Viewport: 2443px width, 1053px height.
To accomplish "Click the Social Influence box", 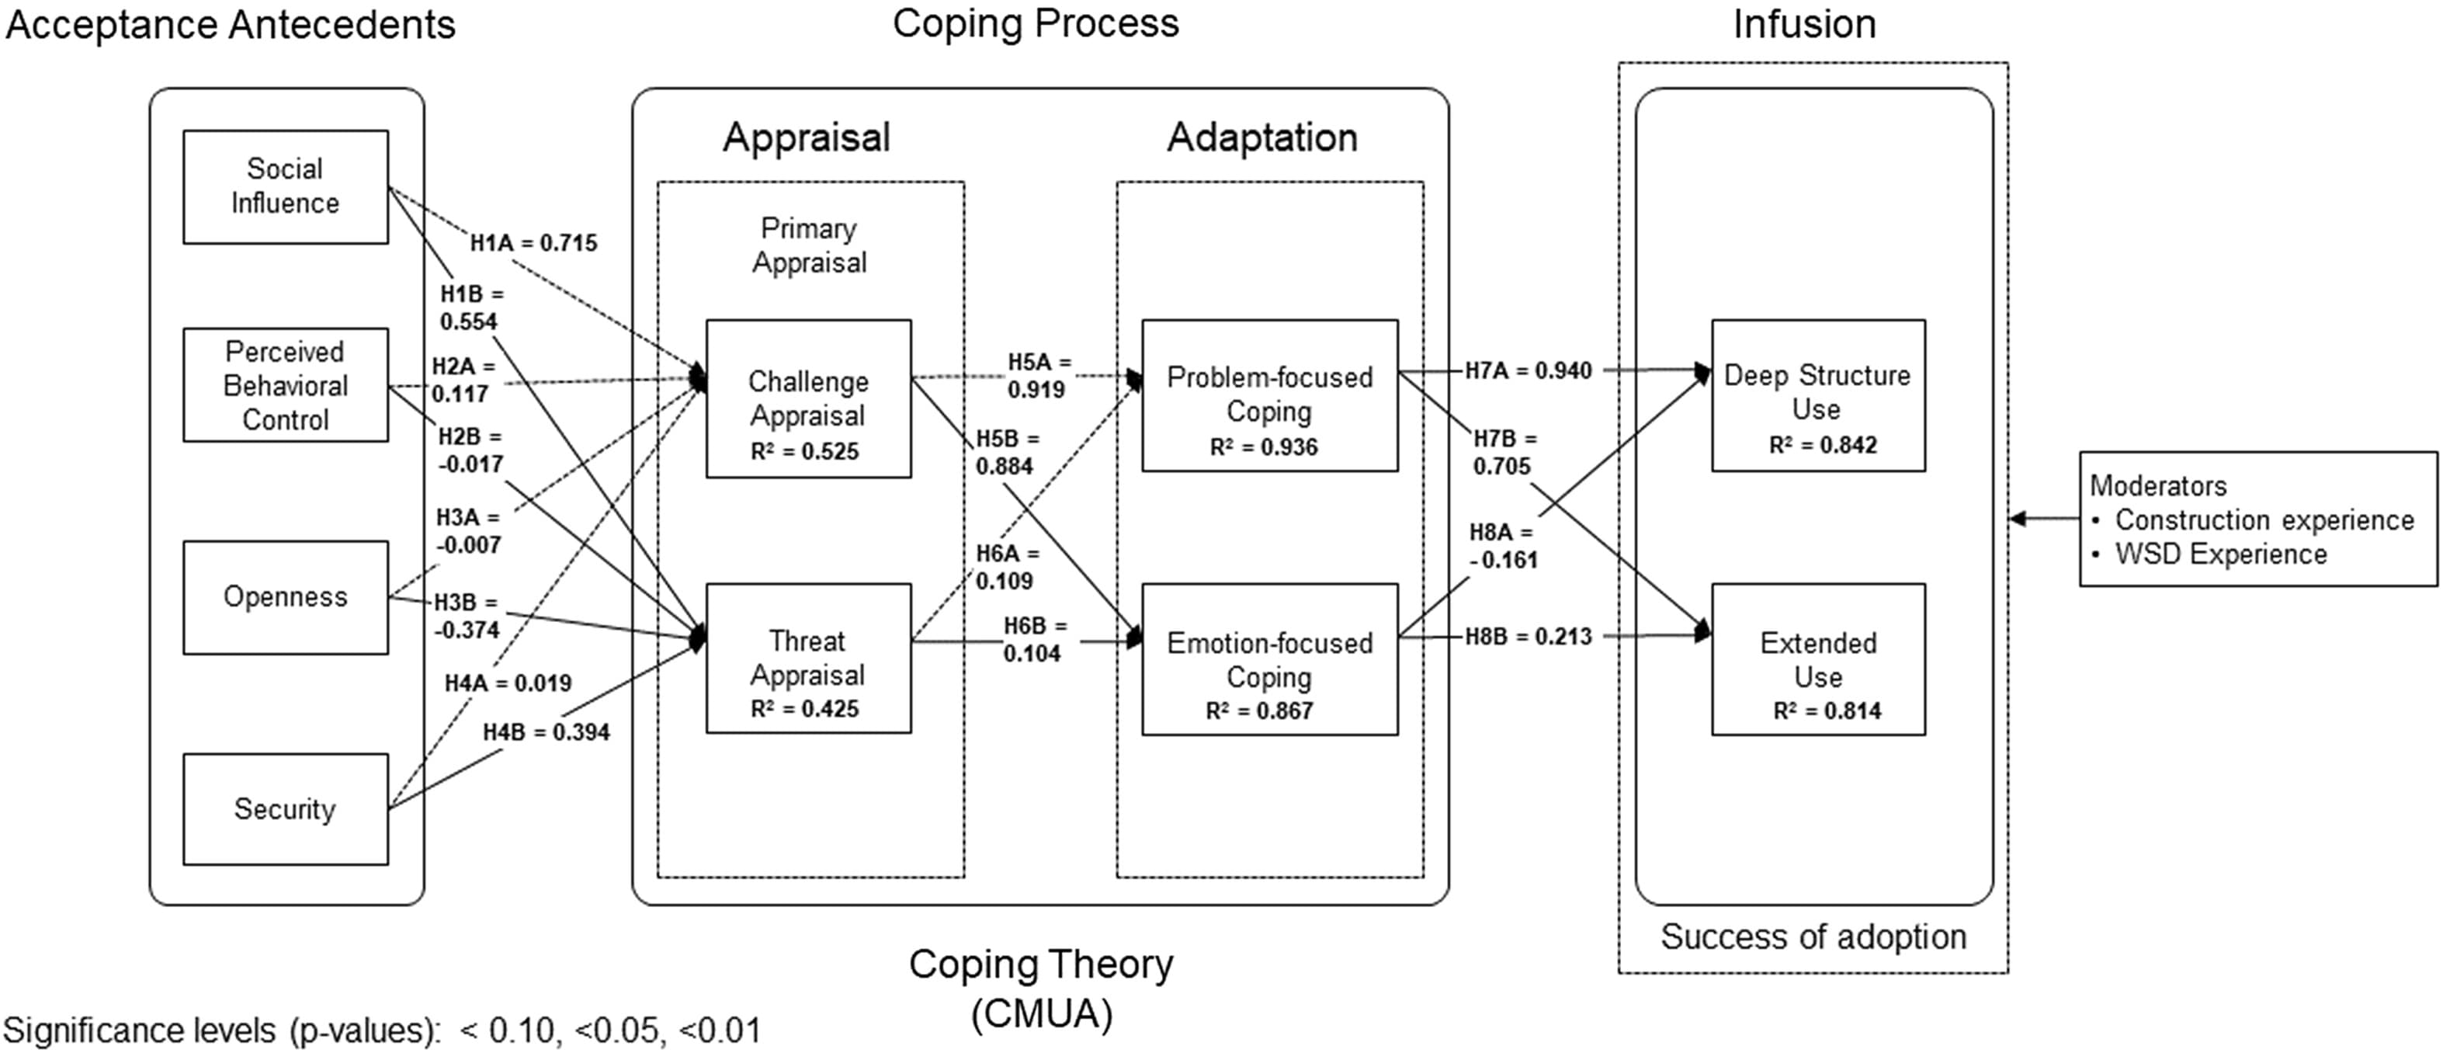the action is coord(286,187).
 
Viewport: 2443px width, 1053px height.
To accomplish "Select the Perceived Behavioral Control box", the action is coord(286,385).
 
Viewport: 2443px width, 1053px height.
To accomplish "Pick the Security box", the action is coord(286,809).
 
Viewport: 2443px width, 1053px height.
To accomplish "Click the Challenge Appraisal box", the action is coord(809,398).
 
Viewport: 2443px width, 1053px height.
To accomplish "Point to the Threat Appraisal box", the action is coord(809,659).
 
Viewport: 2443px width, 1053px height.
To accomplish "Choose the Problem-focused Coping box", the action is coord(1270,395).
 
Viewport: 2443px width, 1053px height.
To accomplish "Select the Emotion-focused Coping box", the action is coord(1270,659).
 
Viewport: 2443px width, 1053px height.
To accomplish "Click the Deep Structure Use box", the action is coord(1818,395).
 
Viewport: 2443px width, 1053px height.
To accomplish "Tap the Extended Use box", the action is coord(1818,659).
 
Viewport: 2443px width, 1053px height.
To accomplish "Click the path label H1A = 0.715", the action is coord(534,243).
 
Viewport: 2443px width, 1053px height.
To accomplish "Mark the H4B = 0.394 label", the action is coord(547,732).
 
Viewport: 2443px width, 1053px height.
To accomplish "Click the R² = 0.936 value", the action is coord(1264,446).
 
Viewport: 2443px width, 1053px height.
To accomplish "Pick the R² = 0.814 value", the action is coord(1827,710).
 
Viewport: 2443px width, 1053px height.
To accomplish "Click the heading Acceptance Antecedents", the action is coord(231,25).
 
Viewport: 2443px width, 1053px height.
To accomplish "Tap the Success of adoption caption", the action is coord(1813,937).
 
